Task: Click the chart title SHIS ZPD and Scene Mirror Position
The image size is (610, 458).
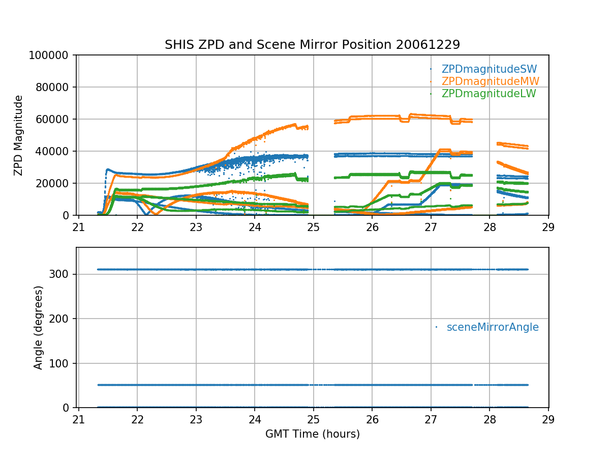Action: [x=312, y=45]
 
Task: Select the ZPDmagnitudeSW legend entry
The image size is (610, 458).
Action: [x=489, y=69]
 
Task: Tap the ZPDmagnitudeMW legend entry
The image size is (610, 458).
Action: [x=490, y=81]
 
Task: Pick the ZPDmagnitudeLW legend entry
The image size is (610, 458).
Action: [x=489, y=94]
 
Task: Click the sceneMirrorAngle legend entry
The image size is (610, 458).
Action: [x=492, y=327]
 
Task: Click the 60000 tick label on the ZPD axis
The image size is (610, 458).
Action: [x=56, y=119]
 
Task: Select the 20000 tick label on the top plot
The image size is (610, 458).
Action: [x=56, y=183]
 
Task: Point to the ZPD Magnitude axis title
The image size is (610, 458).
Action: [x=19, y=135]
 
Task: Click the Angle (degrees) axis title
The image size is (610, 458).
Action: [x=39, y=327]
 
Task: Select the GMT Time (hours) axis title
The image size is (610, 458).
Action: [x=313, y=434]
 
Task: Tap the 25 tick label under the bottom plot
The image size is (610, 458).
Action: [x=314, y=418]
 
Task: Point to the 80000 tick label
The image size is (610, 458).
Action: [x=56, y=87]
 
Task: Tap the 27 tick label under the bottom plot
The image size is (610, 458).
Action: [x=431, y=418]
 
